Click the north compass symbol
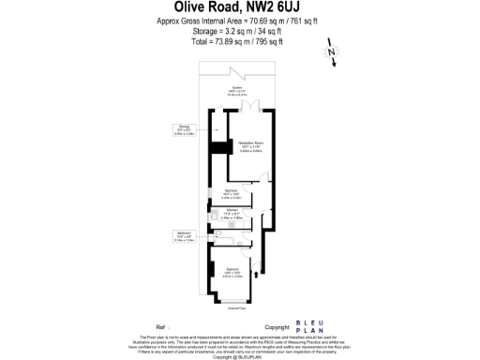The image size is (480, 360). tap(330, 55)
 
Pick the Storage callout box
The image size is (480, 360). tap(184, 130)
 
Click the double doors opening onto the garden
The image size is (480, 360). tap(246, 106)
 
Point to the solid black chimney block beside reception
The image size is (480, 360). tap(219, 147)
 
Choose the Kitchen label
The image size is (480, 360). tap(232, 213)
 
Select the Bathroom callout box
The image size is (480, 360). tap(184, 236)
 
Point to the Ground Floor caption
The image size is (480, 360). tap(237, 306)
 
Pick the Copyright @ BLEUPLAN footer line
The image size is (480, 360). tap(239, 356)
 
